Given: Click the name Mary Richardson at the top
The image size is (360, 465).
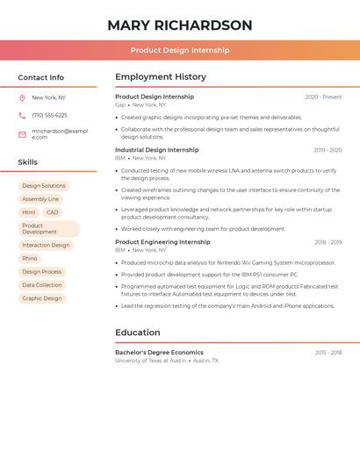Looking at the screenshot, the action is coord(179,25).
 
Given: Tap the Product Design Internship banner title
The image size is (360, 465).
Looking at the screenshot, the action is coord(179,50).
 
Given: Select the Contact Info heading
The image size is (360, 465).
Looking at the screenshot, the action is coord(40,77).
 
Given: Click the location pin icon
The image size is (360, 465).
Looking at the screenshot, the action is coord(22,97).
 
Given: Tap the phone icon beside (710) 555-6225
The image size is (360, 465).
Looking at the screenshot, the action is coord(22,115).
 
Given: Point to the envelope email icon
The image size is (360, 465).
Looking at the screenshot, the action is coord(22,133).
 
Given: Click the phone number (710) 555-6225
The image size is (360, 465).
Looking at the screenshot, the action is coord(49,115).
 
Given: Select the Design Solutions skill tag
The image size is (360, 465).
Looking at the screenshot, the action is coord(44,186).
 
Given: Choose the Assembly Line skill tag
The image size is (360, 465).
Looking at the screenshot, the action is coord(40,199).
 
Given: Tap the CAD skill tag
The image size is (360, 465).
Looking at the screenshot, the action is coord(53,212).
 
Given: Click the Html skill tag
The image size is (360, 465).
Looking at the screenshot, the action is coord(29,212).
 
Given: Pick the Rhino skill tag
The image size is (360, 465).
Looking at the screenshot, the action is coord(30,259).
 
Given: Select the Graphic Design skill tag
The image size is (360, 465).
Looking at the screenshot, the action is coord(42,298).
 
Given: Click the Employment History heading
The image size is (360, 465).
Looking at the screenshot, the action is coord(161,77).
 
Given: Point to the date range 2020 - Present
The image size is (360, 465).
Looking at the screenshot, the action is coord(323,97).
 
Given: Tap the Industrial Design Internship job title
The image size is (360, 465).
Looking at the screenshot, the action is coord(157,150).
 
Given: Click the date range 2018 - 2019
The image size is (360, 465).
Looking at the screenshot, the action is coord(328,242).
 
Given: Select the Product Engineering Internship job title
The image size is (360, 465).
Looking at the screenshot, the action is coord(162,242).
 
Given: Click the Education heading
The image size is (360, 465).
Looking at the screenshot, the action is coord(138,333).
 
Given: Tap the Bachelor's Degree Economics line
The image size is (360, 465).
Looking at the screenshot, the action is coord(159,353).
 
